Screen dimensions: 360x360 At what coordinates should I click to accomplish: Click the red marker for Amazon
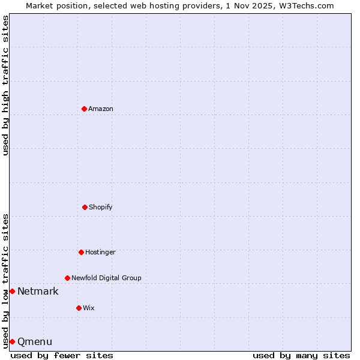coord(85,109)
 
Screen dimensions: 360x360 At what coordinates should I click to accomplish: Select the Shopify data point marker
coord(85,207)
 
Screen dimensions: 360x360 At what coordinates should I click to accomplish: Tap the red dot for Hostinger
coord(81,252)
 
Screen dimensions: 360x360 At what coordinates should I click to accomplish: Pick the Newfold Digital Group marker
coord(67,278)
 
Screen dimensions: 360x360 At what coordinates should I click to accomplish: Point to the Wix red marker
coord(79,308)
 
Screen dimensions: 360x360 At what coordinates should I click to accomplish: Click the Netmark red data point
coord(12,291)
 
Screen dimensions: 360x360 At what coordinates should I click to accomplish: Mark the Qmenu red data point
coord(12,341)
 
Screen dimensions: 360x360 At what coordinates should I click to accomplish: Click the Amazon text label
coord(101,109)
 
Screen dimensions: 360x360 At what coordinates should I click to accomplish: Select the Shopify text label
coord(101,207)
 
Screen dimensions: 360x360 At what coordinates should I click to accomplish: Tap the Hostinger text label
coord(100,252)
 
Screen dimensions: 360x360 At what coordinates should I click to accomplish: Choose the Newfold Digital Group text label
coord(106,278)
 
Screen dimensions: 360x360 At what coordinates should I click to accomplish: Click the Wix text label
coord(89,308)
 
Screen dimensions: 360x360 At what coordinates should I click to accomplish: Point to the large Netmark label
coord(38,292)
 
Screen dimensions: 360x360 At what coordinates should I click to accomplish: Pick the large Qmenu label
coord(35,342)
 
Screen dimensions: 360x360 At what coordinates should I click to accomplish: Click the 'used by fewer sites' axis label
coord(62,355)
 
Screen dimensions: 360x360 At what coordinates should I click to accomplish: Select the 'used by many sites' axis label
coord(301,355)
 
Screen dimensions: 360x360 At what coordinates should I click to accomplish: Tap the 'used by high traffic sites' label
coord(5,85)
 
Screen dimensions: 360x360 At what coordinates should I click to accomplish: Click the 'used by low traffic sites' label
coord(5,280)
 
